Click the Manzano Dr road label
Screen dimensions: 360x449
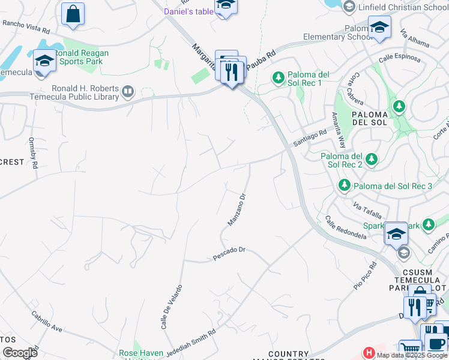[x=237, y=209]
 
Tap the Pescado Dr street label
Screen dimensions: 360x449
[x=230, y=254]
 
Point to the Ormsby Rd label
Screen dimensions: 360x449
[x=34, y=153]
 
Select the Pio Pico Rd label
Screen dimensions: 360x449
[x=364, y=276]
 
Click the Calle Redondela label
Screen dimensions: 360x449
[x=346, y=227]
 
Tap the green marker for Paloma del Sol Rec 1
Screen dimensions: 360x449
[x=278, y=77]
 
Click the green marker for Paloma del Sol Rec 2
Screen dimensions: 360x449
[x=372, y=159]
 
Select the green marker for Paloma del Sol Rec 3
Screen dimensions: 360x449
[x=345, y=186]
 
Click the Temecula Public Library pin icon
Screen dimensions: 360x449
[x=127, y=92]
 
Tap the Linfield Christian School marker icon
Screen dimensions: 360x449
[x=349, y=7]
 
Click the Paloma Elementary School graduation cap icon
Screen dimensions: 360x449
[x=379, y=27]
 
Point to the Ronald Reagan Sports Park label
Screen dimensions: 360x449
[x=82, y=57]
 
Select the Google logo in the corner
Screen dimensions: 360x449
[x=20, y=352]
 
